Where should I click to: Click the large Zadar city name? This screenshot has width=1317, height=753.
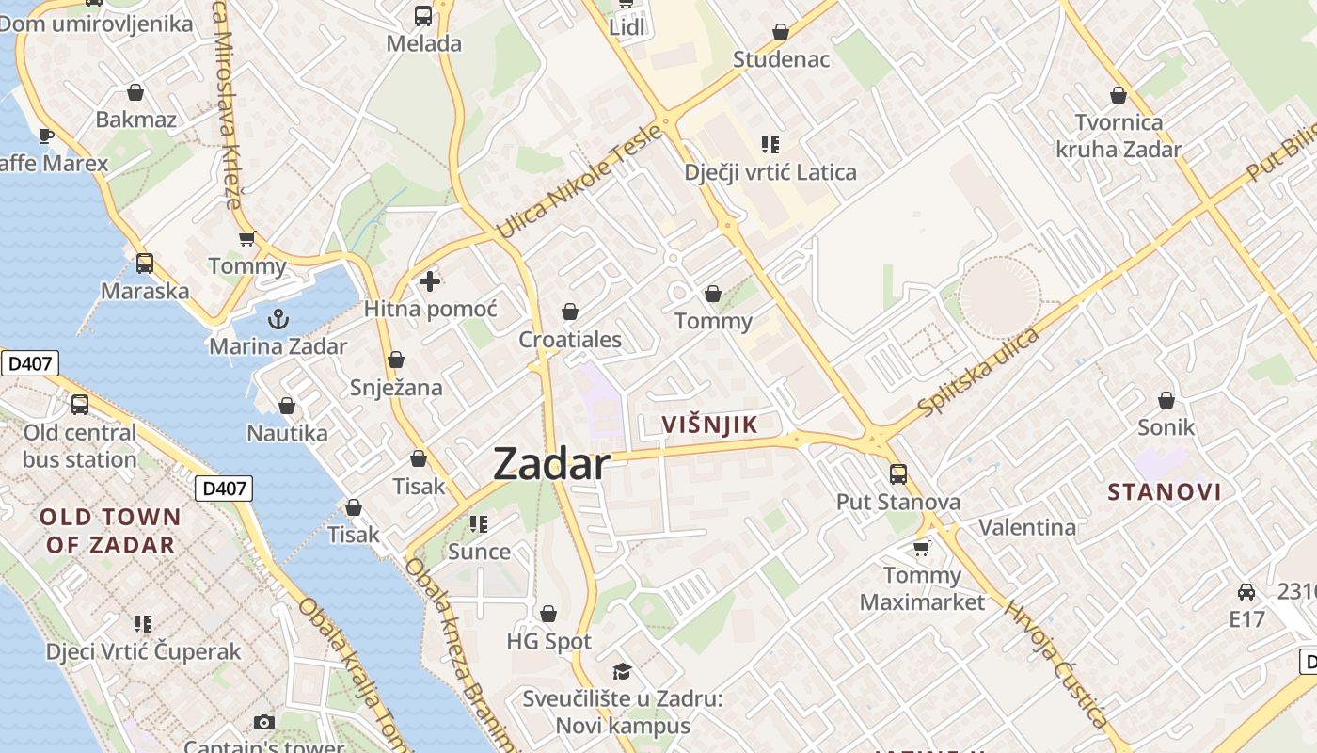point(551,464)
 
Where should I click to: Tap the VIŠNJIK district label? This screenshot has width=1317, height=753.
point(709,425)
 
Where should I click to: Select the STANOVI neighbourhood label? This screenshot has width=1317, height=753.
point(1165,491)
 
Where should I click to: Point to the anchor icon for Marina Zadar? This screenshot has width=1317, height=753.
point(278,319)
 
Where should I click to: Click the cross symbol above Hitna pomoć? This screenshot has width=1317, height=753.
point(430,280)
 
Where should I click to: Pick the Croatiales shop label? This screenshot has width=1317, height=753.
point(570,339)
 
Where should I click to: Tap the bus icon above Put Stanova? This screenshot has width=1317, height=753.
point(898,473)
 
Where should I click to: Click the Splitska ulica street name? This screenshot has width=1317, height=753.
point(979,372)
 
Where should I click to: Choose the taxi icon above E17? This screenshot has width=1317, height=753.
point(1246,592)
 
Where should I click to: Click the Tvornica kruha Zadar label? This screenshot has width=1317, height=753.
point(1119,136)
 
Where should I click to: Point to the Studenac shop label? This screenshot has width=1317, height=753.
point(781,59)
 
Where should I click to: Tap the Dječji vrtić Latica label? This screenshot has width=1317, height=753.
point(770,172)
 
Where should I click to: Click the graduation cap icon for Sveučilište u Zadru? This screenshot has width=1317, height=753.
point(622,671)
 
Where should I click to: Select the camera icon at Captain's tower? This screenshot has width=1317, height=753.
point(264,722)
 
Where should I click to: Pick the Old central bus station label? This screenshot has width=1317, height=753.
point(80,446)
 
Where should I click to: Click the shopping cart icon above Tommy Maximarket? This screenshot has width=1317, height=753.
point(922,547)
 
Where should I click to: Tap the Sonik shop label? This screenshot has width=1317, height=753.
point(1166,427)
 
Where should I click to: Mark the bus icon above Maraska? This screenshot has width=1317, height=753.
point(145,264)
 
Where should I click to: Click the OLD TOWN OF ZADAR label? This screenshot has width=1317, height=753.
point(111,530)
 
